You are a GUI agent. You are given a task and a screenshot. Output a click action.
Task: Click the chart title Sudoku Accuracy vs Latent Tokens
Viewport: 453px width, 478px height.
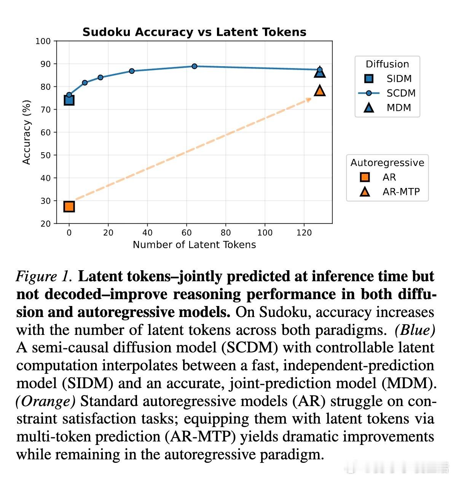[194, 32]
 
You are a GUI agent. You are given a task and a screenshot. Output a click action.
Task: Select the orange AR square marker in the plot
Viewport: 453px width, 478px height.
[69, 207]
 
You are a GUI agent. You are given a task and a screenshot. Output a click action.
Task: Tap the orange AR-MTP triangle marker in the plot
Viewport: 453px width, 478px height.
[320, 91]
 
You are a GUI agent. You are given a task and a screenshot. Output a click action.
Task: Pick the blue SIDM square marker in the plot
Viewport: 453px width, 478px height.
[69, 100]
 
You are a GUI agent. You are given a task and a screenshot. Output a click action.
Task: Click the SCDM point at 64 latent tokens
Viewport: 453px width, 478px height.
[195, 66]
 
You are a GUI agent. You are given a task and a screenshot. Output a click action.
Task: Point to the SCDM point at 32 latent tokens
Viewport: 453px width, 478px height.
[132, 71]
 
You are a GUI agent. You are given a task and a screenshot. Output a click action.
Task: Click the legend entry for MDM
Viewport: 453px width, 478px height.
[399, 108]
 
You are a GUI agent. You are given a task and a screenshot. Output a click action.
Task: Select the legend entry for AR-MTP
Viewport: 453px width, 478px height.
[401, 192]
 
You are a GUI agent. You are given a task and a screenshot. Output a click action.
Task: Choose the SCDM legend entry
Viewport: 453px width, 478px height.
[401, 93]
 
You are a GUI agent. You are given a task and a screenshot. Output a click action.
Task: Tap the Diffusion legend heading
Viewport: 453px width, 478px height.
[387, 64]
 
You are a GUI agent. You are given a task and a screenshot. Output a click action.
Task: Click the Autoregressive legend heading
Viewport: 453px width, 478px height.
[387, 163]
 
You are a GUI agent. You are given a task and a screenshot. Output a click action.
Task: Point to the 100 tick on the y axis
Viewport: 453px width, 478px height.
[43, 41]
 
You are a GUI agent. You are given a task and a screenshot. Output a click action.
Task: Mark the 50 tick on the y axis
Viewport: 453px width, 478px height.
[45, 155]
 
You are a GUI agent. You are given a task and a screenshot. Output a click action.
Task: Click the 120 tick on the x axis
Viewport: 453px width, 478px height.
[304, 233]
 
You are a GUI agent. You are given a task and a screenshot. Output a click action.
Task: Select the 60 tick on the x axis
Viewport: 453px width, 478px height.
[187, 233]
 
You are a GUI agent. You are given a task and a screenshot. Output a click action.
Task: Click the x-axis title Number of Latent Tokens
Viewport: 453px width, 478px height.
[194, 245]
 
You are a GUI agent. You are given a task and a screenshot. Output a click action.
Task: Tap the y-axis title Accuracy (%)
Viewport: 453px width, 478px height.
[26, 132]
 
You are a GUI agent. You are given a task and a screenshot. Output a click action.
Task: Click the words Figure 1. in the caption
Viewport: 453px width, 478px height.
[44, 276]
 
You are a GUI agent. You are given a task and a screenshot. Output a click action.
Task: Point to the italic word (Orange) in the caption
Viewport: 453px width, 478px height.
[46, 401]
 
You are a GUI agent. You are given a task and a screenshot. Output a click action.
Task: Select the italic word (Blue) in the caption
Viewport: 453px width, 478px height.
[415, 330]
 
